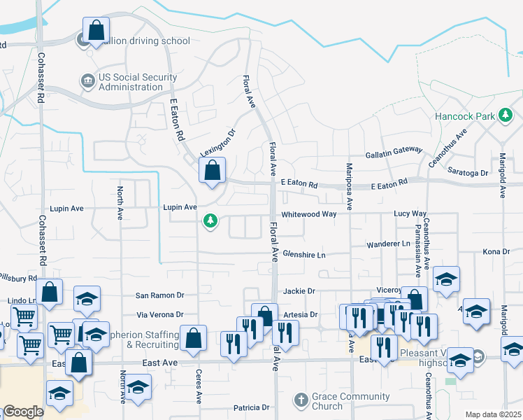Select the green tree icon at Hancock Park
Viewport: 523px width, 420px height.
[x=506, y=115]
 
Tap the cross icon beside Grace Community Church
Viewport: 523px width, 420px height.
[x=301, y=400]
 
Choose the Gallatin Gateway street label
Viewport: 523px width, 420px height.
[x=394, y=153]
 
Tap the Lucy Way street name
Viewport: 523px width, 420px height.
[x=410, y=213]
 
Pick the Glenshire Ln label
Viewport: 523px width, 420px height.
[x=304, y=255]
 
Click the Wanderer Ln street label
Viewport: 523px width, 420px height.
[x=388, y=244]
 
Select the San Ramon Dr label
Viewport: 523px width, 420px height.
[x=159, y=295]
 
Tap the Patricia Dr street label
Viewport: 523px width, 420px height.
[x=251, y=407]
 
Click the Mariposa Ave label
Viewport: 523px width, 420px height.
[x=350, y=186]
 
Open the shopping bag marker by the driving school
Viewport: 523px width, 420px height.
[x=96, y=31]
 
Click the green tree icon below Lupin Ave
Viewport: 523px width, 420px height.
[x=209, y=223]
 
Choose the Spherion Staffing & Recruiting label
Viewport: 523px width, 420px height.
[x=142, y=339]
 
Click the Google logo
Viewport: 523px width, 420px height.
[x=23, y=412]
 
